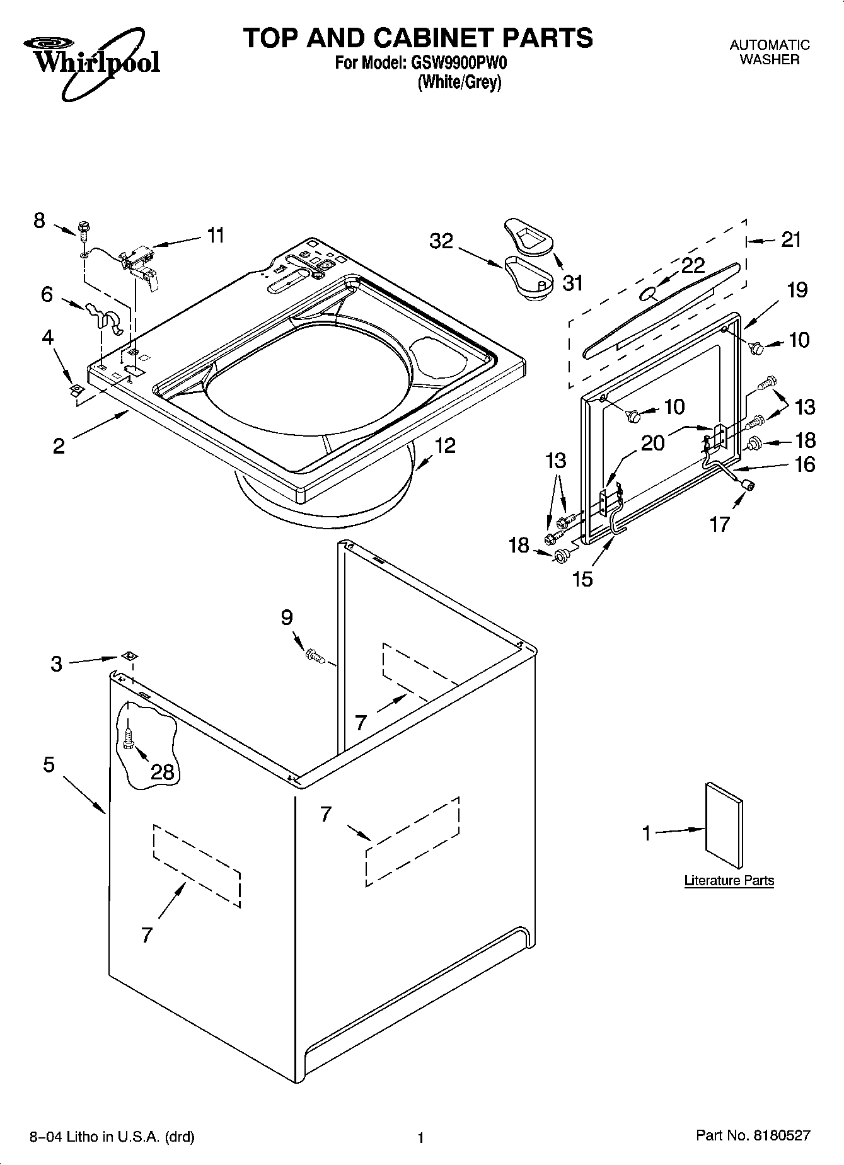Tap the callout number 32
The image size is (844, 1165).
(x=441, y=241)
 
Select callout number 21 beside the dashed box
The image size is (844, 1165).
(x=790, y=239)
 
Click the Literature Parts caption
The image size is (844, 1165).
(x=729, y=880)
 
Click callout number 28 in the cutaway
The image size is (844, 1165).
(x=163, y=771)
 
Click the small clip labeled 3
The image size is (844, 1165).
(x=130, y=656)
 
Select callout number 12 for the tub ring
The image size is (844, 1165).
(x=445, y=445)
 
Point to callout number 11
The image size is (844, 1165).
(x=216, y=235)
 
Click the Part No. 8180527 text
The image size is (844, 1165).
(x=753, y=1135)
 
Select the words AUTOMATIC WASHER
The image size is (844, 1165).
(x=769, y=52)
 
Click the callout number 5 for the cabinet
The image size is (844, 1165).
(x=49, y=765)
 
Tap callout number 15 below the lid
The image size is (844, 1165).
(x=583, y=578)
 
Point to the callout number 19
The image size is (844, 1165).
(x=797, y=290)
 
